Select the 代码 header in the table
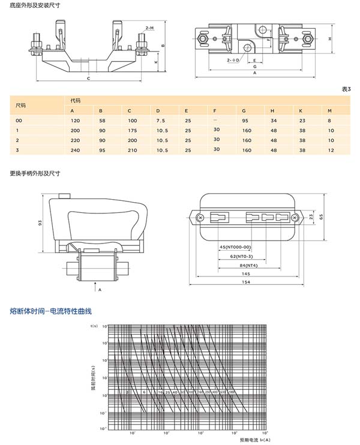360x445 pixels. (75, 100)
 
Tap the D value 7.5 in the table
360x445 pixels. (160, 121)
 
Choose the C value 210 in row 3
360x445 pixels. (132, 149)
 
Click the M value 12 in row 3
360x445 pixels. (330, 149)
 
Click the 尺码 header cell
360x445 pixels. (21, 105)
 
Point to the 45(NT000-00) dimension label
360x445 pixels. (235, 246)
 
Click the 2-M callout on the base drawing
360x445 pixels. (149, 28)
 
